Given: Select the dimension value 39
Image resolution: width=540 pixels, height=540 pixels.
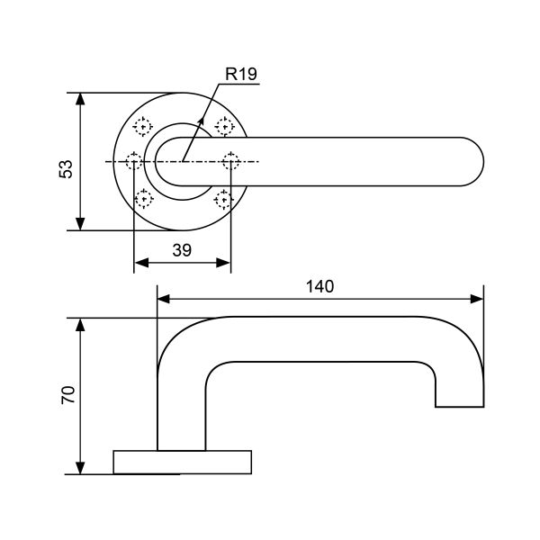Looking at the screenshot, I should coord(182,251).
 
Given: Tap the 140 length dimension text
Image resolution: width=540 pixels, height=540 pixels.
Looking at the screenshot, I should coord(319,286).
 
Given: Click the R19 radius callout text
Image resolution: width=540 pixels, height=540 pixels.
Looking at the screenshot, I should coord(241,75).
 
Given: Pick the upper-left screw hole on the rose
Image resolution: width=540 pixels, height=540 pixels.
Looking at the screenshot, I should coord(142,126).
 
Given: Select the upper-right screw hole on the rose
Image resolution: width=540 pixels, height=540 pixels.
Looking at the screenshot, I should coord(221,126).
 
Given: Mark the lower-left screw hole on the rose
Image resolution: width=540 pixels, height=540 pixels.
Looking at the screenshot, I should coord(142,198).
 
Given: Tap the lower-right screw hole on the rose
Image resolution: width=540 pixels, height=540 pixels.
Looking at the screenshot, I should coord(221,198).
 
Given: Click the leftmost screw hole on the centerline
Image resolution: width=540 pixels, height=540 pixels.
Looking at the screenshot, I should coord(134,162).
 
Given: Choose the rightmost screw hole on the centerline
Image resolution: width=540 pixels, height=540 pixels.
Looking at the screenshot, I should coord(230,162).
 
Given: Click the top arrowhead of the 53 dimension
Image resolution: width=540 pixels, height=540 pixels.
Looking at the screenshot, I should coord(81,98).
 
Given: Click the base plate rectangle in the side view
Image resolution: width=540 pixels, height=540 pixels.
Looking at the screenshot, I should coord(181,461).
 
